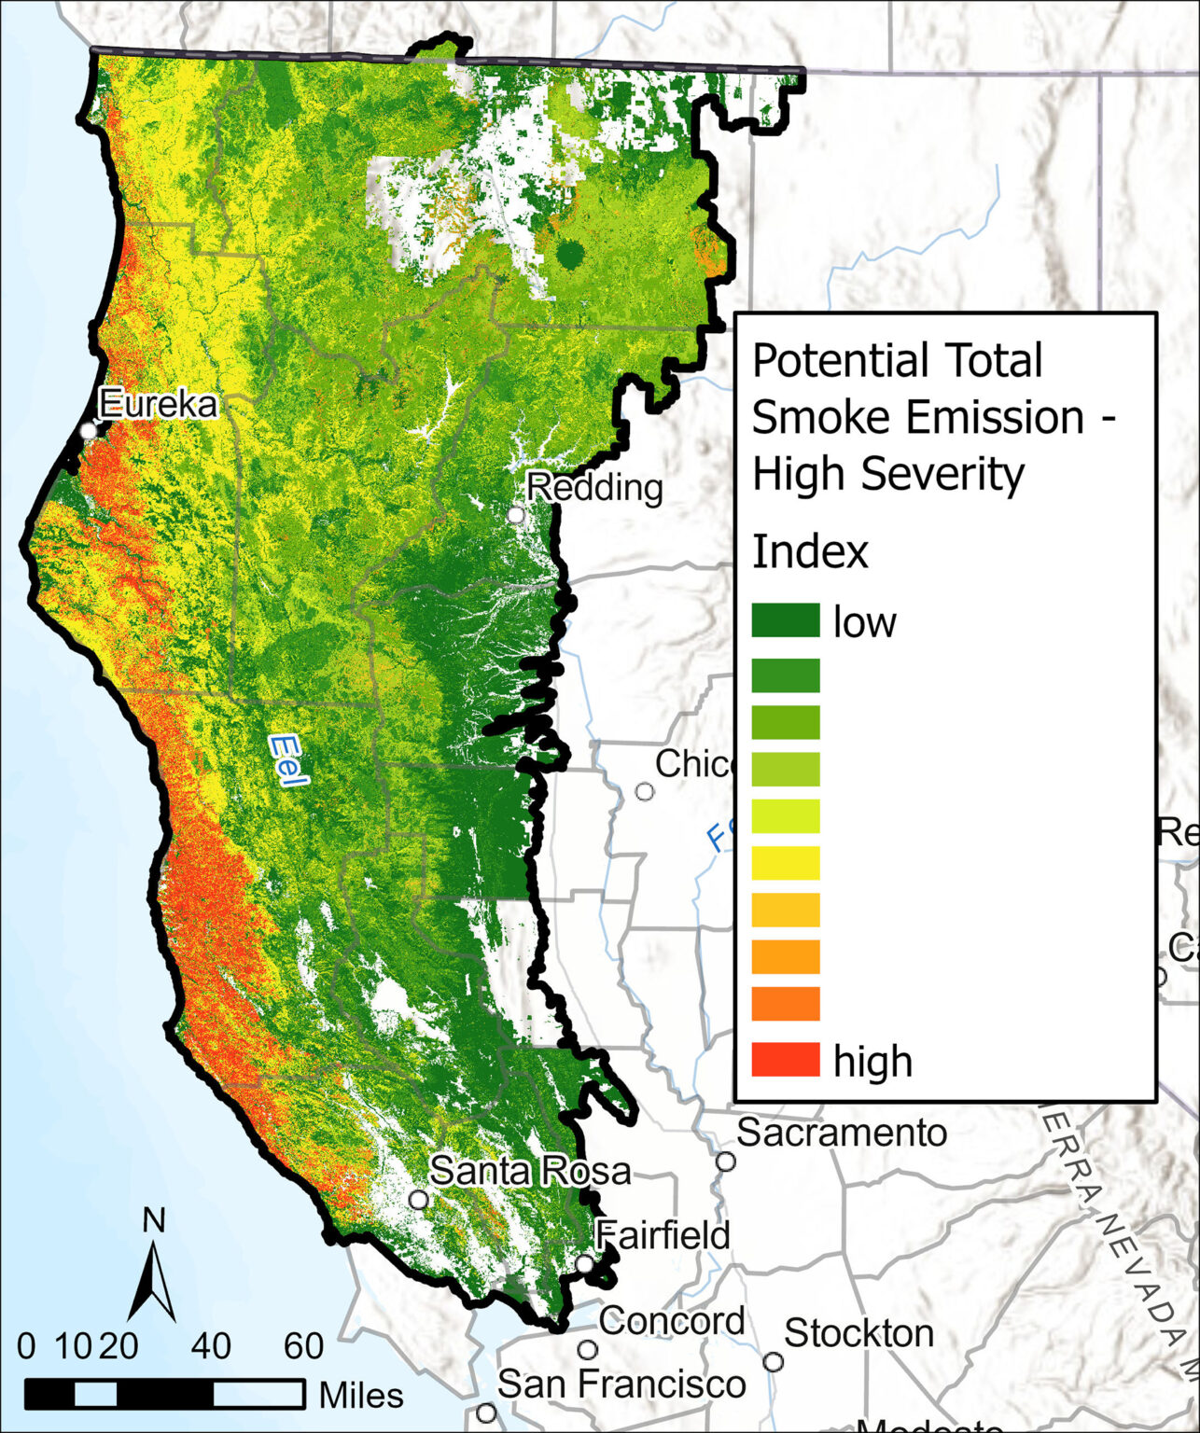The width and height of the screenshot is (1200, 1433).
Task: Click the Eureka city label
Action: pos(158,404)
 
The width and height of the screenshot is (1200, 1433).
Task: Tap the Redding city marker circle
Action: pos(516,515)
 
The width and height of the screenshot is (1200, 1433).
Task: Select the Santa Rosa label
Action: pos(530,1171)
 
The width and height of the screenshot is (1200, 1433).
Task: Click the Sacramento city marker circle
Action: pos(725,1162)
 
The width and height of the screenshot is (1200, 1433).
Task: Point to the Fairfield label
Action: pos(663,1235)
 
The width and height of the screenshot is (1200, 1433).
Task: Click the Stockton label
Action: pos(858,1333)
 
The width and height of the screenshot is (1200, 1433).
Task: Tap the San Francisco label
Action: pos(621,1384)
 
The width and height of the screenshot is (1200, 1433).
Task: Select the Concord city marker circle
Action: pos(587,1350)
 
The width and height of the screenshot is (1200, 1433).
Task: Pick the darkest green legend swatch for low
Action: pos(786,620)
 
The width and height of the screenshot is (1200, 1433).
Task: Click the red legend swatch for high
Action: pos(786,1060)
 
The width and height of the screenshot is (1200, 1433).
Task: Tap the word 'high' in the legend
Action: pos(872,1062)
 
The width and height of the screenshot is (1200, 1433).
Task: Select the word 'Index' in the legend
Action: pos(810,551)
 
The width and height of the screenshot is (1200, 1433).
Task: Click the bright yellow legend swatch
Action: pos(786,863)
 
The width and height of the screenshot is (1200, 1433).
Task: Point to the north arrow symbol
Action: pos(153,1276)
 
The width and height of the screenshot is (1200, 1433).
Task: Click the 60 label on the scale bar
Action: pos(303,1346)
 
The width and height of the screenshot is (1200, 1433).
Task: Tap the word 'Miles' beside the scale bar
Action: pos(361,1396)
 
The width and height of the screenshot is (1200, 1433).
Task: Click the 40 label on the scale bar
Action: pos(212,1346)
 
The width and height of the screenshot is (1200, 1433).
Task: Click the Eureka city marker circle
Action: pos(89,431)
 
